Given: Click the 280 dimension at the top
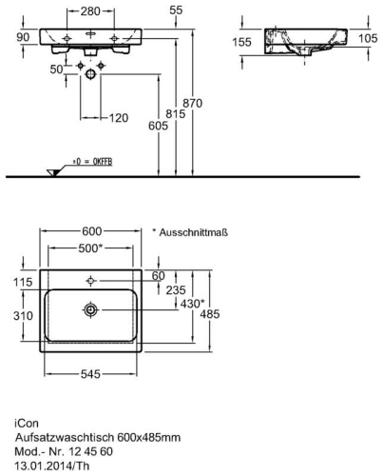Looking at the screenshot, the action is [x=90, y=11].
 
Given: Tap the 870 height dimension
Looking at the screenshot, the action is [x=192, y=103].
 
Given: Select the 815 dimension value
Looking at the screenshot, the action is [x=176, y=113].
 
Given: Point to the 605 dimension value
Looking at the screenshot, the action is [x=158, y=126].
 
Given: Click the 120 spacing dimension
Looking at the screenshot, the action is [x=119, y=118].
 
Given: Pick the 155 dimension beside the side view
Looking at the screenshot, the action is [x=241, y=42].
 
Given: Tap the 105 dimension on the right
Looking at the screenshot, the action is [x=368, y=38].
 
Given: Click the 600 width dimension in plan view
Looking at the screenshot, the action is [x=92, y=231].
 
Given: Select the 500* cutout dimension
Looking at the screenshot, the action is [x=90, y=248].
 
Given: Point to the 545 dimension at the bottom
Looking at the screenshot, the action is [x=90, y=374].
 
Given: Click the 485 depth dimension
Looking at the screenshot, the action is [x=210, y=314].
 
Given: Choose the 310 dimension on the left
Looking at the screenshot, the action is [x=23, y=316].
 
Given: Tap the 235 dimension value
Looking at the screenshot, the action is [x=176, y=290].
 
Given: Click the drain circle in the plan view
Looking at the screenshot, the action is [x=91, y=309].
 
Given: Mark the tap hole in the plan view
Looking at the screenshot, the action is [x=91, y=281].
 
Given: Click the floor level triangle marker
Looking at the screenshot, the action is [x=53, y=172].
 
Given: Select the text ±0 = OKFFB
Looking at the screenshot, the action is [x=92, y=162].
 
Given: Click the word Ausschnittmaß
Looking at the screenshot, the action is [x=193, y=232].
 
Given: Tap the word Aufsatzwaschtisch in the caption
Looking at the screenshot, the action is [x=65, y=438].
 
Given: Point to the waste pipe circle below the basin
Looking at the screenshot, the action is [x=90, y=74].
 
